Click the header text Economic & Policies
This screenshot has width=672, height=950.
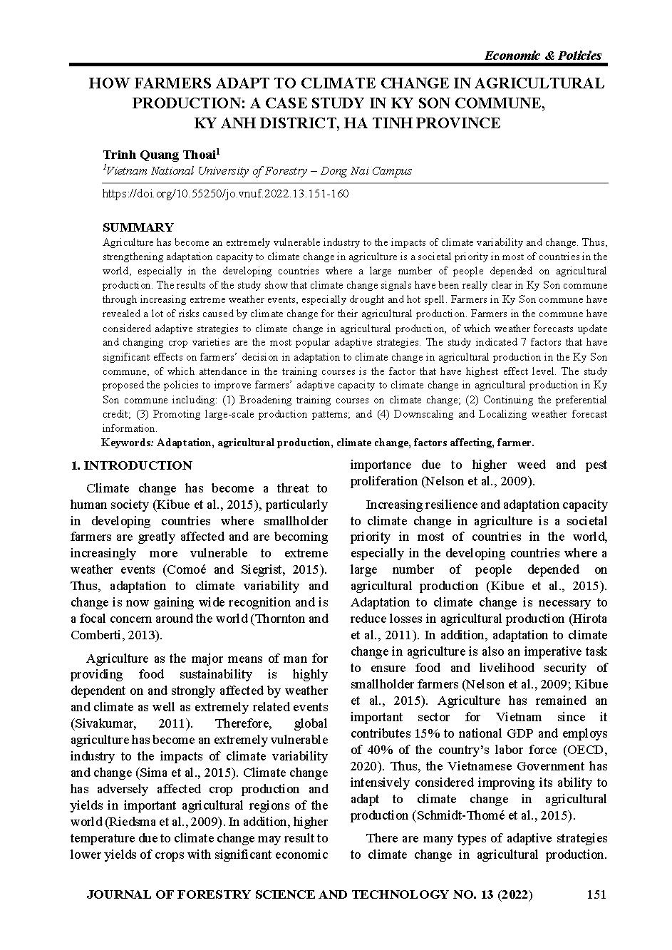[x=542, y=56]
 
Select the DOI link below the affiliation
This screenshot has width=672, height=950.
[x=226, y=194]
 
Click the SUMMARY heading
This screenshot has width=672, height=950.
[x=138, y=227]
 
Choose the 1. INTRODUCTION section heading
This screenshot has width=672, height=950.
[x=131, y=465]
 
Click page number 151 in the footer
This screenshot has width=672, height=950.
[x=596, y=894]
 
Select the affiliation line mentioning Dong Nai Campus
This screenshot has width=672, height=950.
[x=258, y=171]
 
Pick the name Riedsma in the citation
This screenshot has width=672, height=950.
[x=123, y=822]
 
